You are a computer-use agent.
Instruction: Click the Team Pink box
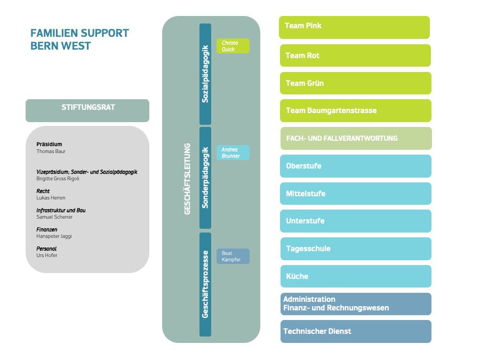click(x=354, y=27)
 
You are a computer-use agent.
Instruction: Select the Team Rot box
click(x=355, y=55)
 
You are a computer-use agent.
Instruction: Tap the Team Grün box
click(x=355, y=83)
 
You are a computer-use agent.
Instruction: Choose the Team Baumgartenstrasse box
click(x=355, y=110)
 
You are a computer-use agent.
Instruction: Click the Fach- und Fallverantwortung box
click(x=356, y=138)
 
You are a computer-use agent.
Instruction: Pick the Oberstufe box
click(x=356, y=166)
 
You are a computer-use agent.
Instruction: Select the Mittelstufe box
click(x=356, y=194)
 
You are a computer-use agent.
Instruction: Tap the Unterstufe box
click(x=356, y=221)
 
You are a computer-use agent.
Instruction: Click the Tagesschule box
click(x=356, y=249)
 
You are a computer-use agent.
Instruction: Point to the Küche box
click(x=356, y=276)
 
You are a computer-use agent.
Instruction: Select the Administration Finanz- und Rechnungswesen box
click(x=356, y=303)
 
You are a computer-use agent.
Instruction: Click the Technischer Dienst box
click(x=356, y=331)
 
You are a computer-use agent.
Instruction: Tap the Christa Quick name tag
click(x=233, y=46)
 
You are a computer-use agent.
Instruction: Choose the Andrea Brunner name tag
click(x=233, y=153)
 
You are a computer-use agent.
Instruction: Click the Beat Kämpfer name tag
click(x=233, y=257)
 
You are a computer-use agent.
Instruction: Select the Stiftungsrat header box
click(x=87, y=110)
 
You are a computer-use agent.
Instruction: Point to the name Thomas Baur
click(x=51, y=151)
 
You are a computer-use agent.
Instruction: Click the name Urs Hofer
click(x=47, y=255)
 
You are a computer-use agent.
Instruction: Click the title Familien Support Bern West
click(x=79, y=39)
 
